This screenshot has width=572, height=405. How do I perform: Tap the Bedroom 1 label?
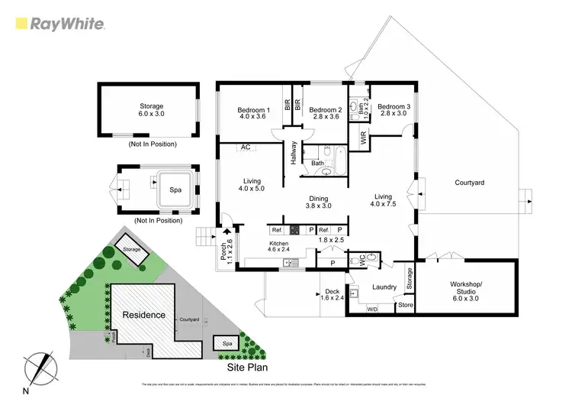252,112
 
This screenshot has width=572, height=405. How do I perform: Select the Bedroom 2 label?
325,112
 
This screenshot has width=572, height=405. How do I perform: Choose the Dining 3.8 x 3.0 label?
319,201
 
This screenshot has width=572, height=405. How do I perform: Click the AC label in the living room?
246,147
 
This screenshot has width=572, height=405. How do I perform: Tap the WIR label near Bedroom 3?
364,138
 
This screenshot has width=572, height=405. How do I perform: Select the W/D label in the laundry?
372,309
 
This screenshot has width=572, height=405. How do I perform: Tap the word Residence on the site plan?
144,315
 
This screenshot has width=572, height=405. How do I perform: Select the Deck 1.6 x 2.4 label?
331,295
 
